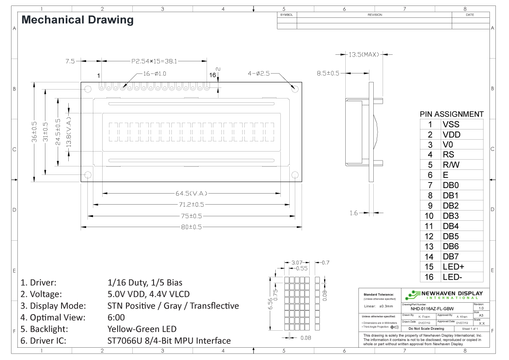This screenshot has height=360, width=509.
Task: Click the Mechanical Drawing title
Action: [77, 20]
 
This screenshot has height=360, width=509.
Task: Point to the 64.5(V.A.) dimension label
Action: [191, 194]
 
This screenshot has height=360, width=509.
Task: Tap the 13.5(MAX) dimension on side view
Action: [364, 55]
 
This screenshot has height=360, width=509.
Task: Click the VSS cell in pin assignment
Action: [450, 125]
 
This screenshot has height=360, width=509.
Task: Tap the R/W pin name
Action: [451, 165]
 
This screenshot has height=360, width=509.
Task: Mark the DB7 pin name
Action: [450, 257]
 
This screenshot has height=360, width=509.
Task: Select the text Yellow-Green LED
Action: [142, 329]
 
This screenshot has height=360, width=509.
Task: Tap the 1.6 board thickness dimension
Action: [354, 213]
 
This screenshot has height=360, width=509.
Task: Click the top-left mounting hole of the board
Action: [88, 89]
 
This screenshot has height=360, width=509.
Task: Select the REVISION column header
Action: [375, 15]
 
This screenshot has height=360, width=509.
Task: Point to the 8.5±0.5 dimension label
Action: [328, 73]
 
